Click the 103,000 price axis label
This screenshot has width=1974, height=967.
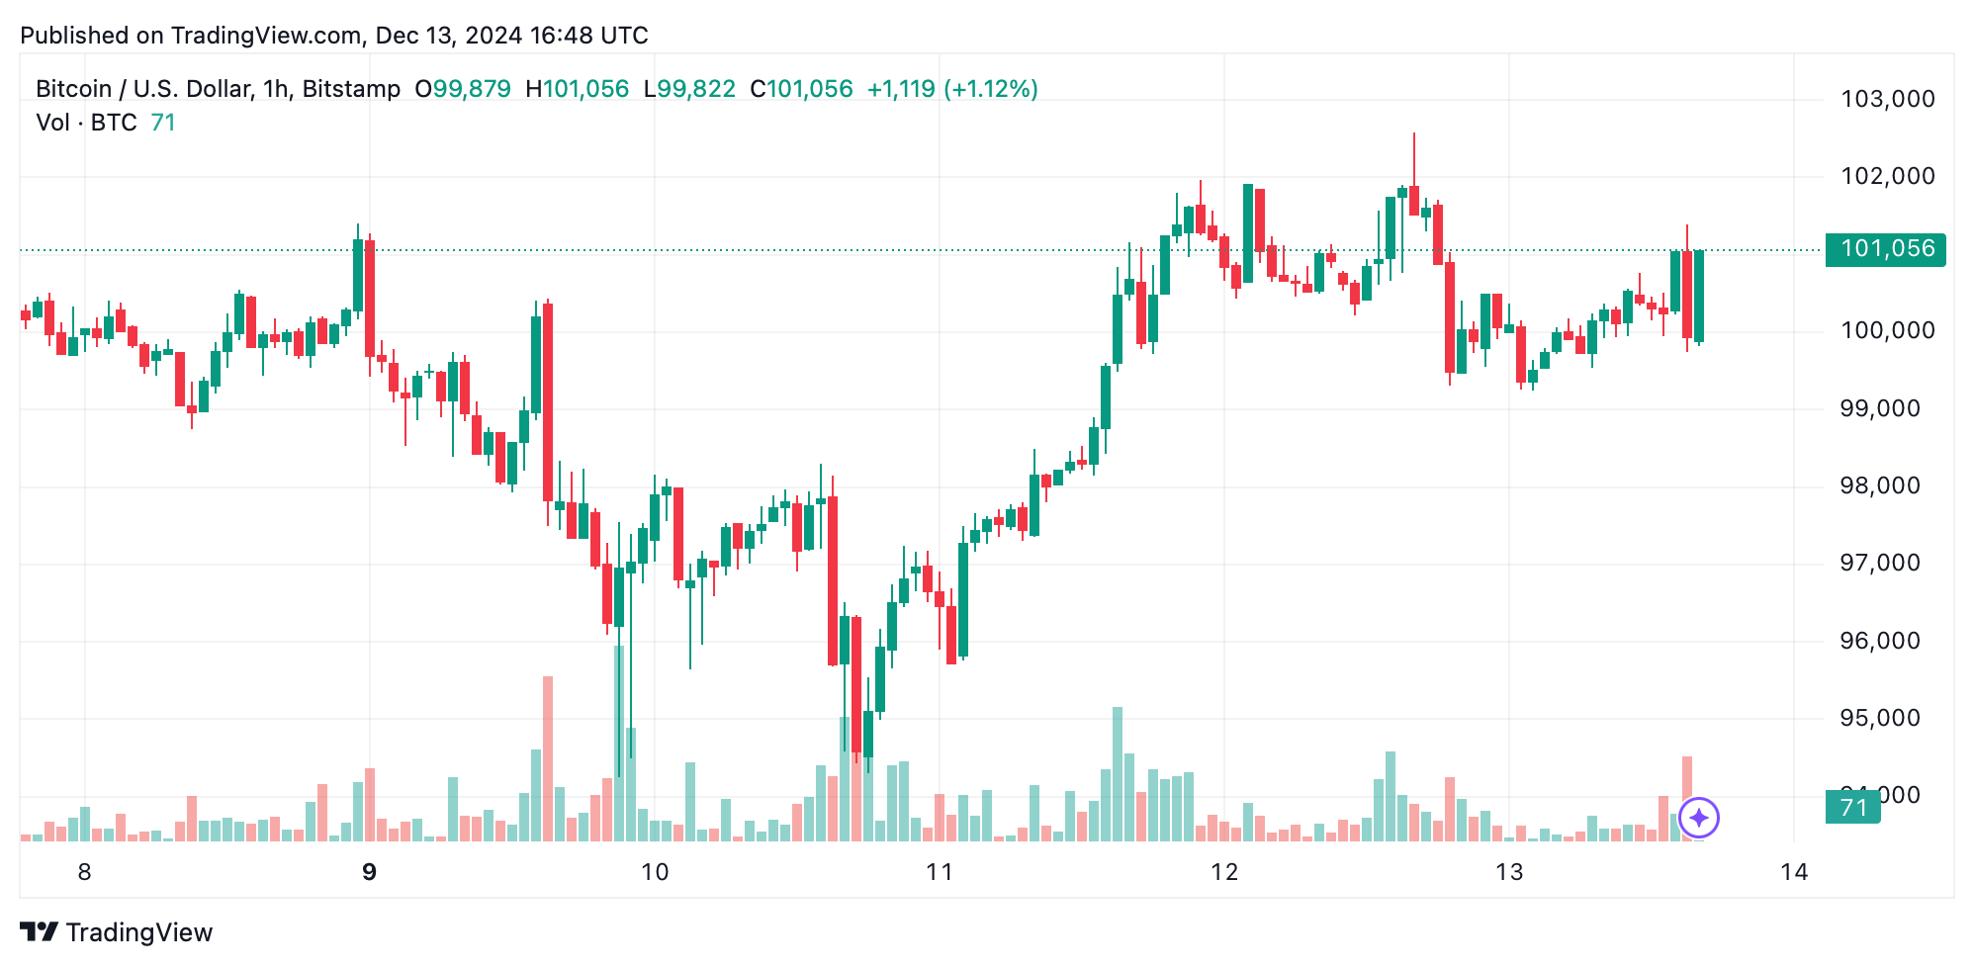pyautogui.click(x=1887, y=99)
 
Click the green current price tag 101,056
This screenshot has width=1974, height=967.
pyautogui.click(x=1886, y=249)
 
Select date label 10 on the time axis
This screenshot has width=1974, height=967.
pyautogui.click(x=655, y=872)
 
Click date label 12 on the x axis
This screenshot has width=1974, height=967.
pyautogui.click(x=1224, y=872)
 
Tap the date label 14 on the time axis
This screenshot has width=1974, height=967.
pyautogui.click(x=1794, y=872)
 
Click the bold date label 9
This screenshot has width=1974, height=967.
pyautogui.click(x=370, y=872)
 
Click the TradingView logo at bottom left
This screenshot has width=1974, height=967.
pyautogui.click(x=117, y=932)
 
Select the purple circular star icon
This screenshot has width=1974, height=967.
pyautogui.click(x=1699, y=818)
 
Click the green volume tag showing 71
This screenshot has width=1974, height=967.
pyautogui.click(x=1852, y=808)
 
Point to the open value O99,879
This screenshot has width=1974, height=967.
pyautogui.click(x=463, y=89)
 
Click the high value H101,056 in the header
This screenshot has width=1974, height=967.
pyautogui.click(x=577, y=89)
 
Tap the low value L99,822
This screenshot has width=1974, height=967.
pyautogui.click(x=689, y=89)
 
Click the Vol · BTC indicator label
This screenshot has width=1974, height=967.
pyautogui.click(x=86, y=123)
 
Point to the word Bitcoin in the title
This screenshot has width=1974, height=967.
pyautogui.click(x=73, y=89)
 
